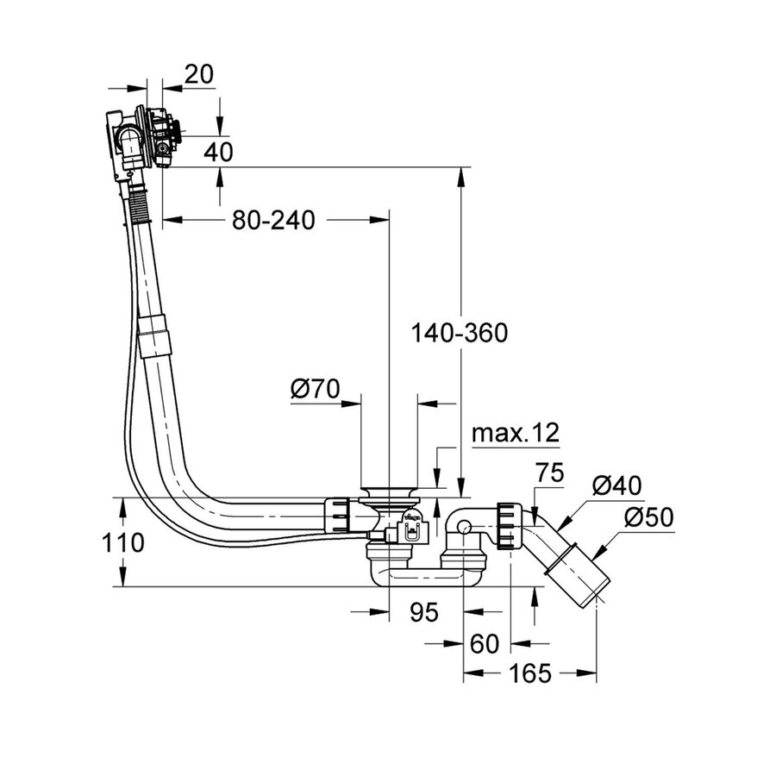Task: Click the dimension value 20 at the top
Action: coord(198,75)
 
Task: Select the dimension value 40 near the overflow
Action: coord(219,152)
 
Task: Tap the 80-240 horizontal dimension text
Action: coord(273,221)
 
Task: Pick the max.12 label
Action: coord(516,433)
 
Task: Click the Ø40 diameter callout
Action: coord(617,486)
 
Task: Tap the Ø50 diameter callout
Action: coord(648,518)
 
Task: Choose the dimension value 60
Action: coord(485,643)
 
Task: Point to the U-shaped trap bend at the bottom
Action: coord(422,575)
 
